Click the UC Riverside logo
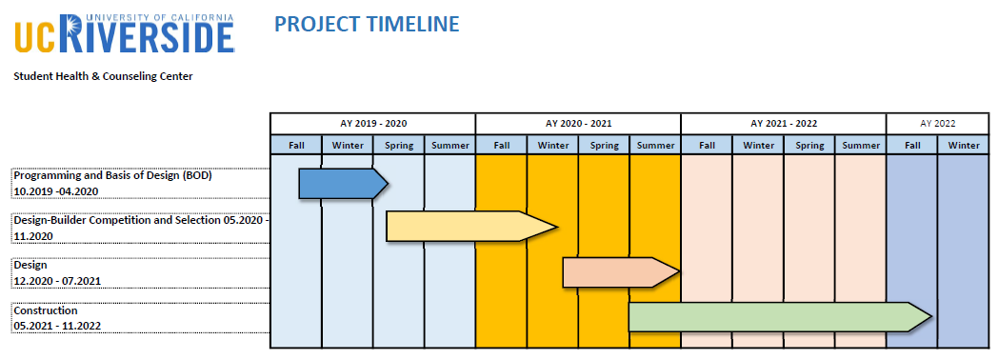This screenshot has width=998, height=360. (124, 33)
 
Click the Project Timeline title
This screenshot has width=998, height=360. (367, 24)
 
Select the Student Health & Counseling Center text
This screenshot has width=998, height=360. (103, 76)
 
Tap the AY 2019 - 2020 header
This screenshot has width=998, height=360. (373, 124)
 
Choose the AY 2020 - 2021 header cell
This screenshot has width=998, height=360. (578, 124)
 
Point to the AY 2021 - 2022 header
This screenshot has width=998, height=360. (784, 124)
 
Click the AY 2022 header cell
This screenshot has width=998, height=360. (938, 124)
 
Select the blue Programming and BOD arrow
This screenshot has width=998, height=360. (344, 184)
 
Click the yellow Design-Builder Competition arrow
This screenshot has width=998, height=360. (471, 227)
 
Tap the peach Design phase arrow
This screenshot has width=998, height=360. (621, 272)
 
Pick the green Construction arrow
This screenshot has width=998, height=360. (780, 317)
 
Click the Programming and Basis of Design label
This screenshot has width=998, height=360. (112, 175)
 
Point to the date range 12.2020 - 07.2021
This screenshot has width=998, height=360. (57, 281)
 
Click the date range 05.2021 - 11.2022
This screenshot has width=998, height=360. (57, 326)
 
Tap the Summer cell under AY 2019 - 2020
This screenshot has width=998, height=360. (450, 145)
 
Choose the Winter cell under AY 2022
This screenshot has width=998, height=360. (964, 145)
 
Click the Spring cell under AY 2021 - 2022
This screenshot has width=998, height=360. (809, 145)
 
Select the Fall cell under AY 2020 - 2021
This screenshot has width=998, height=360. (502, 145)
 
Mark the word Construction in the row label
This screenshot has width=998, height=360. (46, 311)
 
